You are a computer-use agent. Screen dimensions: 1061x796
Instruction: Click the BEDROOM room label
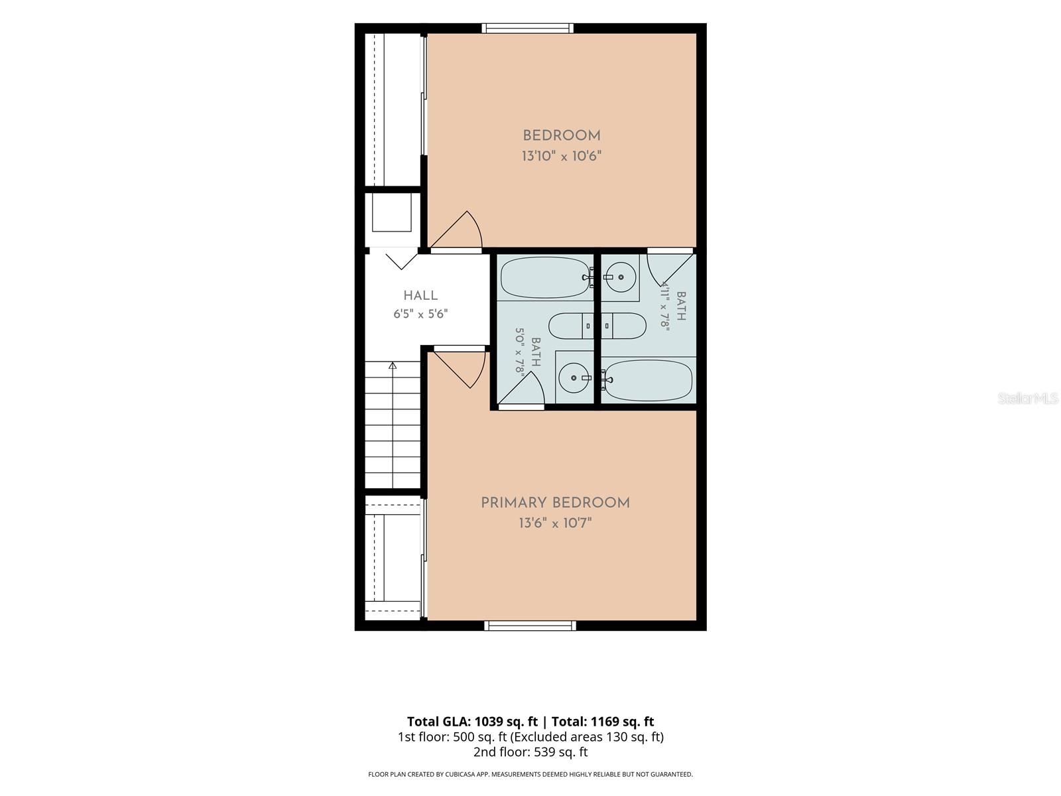(x=561, y=135)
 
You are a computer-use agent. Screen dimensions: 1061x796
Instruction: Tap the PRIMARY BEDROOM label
(x=555, y=503)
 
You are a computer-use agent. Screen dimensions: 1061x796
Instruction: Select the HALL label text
(x=420, y=295)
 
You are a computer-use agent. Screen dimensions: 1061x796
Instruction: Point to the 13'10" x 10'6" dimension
(x=561, y=156)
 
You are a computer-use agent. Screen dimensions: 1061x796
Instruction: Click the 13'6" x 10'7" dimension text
(x=555, y=523)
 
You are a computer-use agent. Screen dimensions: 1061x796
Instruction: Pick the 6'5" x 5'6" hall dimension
(x=420, y=314)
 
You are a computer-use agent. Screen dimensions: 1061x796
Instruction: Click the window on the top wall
(x=527, y=28)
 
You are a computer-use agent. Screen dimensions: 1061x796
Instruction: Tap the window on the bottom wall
(x=530, y=626)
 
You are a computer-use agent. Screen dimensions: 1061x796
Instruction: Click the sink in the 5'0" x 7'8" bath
(x=574, y=377)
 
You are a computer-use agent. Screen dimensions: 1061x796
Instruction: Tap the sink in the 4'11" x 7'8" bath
(x=621, y=277)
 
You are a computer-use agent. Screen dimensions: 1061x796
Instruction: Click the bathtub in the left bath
(x=546, y=277)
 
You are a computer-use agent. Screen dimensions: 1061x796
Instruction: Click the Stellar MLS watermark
(x=1028, y=398)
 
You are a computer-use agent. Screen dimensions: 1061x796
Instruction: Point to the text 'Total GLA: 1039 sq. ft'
(x=472, y=722)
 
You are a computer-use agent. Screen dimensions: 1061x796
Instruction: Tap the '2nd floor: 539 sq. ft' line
(x=530, y=752)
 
